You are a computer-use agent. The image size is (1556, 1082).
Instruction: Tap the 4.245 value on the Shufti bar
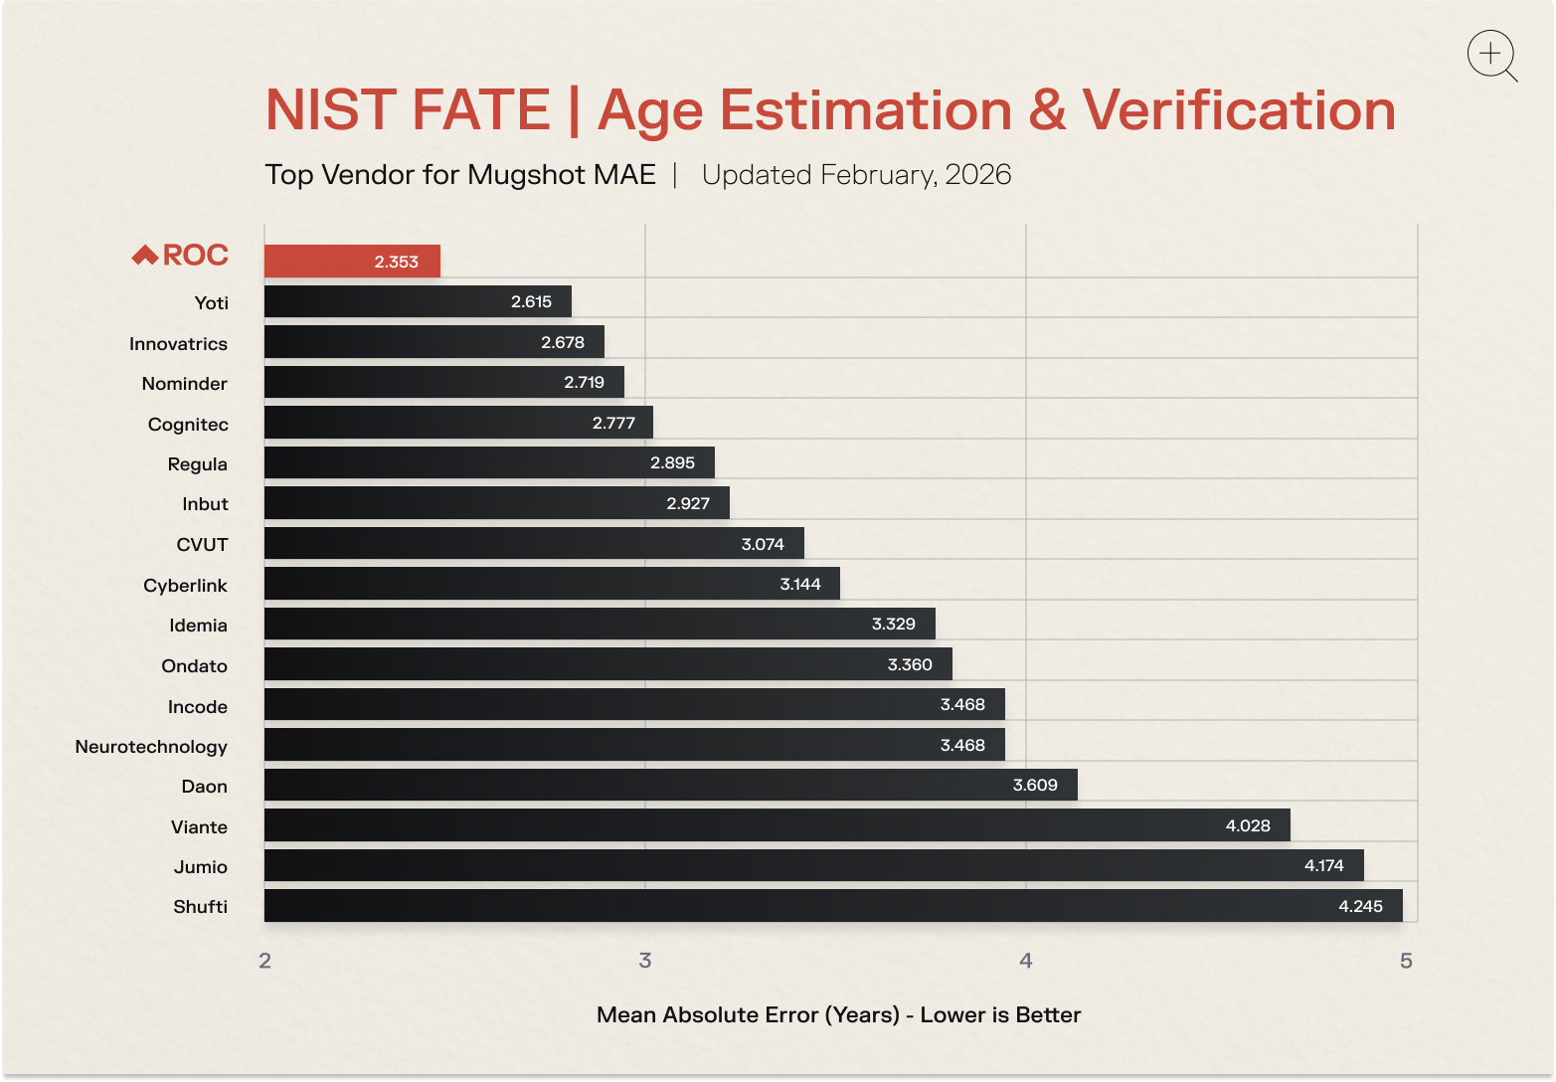(1360, 906)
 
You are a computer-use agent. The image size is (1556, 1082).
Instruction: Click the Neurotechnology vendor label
(151, 746)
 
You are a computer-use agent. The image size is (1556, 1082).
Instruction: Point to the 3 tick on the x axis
(645, 961)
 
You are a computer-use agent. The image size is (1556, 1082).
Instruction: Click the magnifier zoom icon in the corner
(1491, 56)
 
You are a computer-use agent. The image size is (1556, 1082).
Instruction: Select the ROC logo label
(181, 256)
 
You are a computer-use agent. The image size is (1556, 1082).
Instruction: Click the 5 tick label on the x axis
(1406, 961)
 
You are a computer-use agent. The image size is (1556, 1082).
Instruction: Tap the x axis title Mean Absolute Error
(838, 1014)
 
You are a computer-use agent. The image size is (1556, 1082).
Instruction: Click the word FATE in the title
(479, 109)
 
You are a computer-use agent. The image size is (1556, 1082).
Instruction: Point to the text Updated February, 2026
(856, 175)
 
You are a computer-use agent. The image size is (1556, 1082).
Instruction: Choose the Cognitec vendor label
(188, 425)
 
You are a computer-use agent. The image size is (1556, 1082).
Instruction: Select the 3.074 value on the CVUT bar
(763, 544)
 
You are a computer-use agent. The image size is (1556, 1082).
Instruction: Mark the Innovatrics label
(178, 344)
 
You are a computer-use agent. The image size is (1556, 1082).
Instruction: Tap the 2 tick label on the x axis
(264, 961)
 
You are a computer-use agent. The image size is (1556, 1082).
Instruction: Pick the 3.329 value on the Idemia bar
(892, 625)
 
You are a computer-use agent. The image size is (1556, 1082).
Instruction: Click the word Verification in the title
(1239, 109)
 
